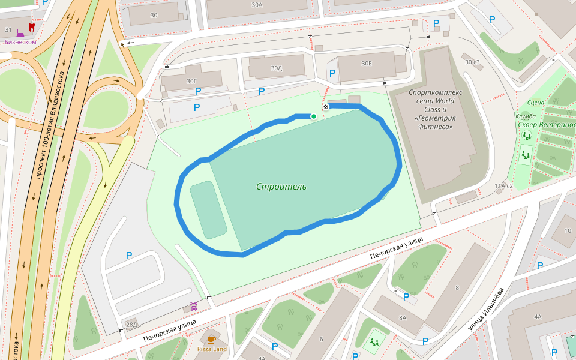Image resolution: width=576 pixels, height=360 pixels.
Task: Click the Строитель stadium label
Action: click(x=281, y=187)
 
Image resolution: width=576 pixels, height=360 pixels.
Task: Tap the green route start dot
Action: click(x=313, y=116)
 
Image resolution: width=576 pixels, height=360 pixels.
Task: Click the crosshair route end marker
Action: click(x=326, y=107)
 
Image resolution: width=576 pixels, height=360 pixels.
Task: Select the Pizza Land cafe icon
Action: click(x=212, y=339)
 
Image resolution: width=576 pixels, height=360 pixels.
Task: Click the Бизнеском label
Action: click(x=20, y=42)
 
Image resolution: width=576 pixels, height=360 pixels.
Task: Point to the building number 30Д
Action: click(x=276, y=68)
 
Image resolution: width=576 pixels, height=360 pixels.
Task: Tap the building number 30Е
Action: click(x=366, y=63)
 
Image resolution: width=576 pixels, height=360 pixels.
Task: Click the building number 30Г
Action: click(x=191, y=80)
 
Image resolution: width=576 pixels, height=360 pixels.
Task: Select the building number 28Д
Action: click(x=131, y=325)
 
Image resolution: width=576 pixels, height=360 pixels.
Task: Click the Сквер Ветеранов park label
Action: click(x=547, y=125)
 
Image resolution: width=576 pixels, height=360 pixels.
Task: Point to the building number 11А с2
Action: click(x=503, y=186)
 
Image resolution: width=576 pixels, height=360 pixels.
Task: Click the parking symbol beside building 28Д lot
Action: click(x=128, y=256)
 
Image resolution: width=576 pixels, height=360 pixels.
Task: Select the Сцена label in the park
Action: click(x=536, y=103)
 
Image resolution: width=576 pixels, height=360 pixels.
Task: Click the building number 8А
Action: click(x=402, y=317)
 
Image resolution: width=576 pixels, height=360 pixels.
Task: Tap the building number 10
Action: click(x=568, y=230)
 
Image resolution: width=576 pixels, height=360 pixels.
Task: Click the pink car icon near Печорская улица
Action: click(x=194, y=307)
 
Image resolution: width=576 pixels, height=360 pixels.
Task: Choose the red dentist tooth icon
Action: click(x=32, y=28)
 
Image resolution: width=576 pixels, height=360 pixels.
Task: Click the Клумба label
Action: click(x=525, y=116)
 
